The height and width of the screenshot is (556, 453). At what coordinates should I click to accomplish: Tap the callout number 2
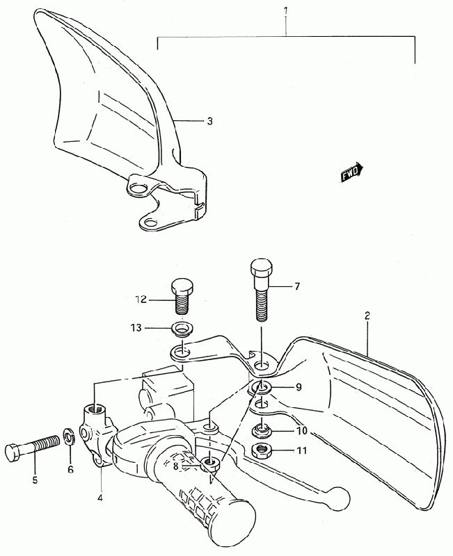367,316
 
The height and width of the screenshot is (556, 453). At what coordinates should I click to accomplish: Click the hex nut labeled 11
262,452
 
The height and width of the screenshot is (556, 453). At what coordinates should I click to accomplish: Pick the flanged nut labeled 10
261,429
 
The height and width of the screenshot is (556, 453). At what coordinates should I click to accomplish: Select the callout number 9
298,388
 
